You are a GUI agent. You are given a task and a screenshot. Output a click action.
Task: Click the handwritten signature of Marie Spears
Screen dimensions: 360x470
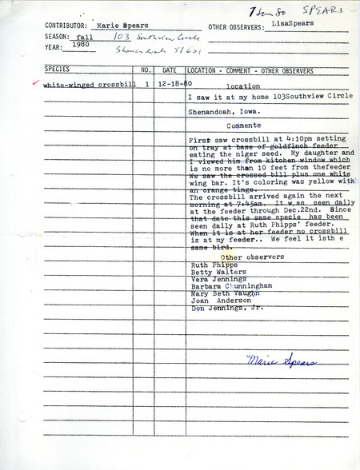(x=272, y=360)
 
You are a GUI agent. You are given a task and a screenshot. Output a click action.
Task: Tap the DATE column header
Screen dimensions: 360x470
(x=169, y=70)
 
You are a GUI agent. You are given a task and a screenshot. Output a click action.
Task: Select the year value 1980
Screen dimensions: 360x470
(x=80, y=57)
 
